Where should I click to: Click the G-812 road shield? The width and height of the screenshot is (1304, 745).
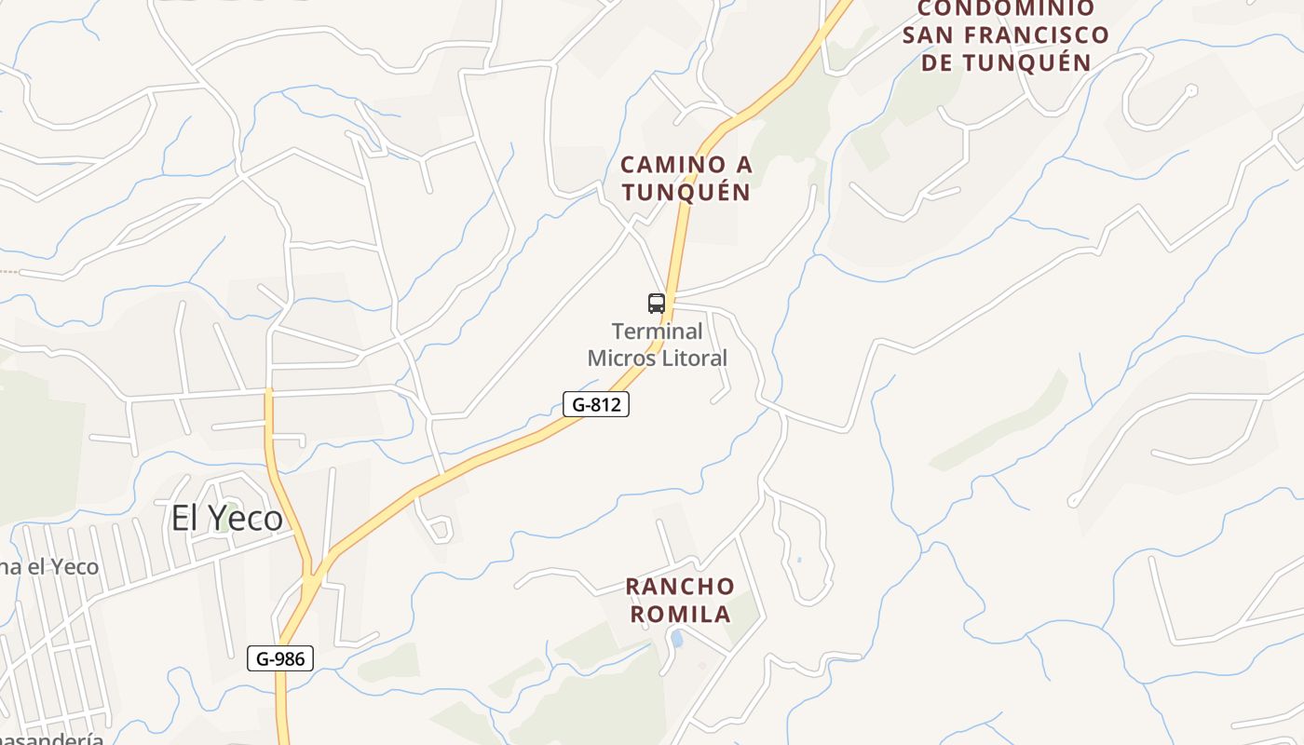[x=596, y=404]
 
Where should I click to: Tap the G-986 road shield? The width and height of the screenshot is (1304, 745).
[x=280, y=658]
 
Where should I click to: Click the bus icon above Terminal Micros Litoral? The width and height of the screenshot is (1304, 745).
[x=657, y=303]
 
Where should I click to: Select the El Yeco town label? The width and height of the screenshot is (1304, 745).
[x=226, y=518]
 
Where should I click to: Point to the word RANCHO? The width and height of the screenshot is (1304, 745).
[x=680, y=588]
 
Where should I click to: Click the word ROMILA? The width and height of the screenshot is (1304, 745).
[x=680, y=615]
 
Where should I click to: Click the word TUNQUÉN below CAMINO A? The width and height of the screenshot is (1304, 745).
[x=686, y=192]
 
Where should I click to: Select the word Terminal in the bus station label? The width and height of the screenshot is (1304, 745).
[x=657, y=332]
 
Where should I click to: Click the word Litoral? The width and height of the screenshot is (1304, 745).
[x=695, y=358]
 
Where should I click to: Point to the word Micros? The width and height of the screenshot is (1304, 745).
[x=620, y=358]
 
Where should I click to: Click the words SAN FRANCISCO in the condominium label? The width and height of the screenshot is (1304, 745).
[x=1006, y=36]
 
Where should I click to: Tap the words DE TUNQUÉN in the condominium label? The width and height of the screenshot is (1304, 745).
[x=1006, y=63]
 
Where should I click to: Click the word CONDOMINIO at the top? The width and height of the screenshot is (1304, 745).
[x=1006, y=9]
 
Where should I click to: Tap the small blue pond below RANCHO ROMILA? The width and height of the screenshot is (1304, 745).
[x=677, y=639]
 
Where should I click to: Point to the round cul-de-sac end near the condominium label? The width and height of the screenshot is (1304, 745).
[x=1190, y=90]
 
